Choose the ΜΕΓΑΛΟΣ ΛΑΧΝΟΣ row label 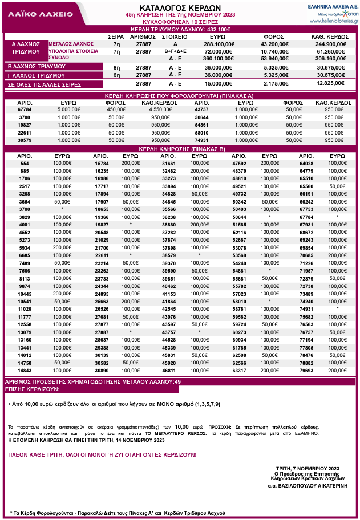(x=71, y=43)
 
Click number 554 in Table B (x=25, y=163)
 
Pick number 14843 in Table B (x=25, y=371)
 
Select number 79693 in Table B (x=306, y=371)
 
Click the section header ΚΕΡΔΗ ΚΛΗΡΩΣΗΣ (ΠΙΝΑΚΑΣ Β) (x=180, y=148)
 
